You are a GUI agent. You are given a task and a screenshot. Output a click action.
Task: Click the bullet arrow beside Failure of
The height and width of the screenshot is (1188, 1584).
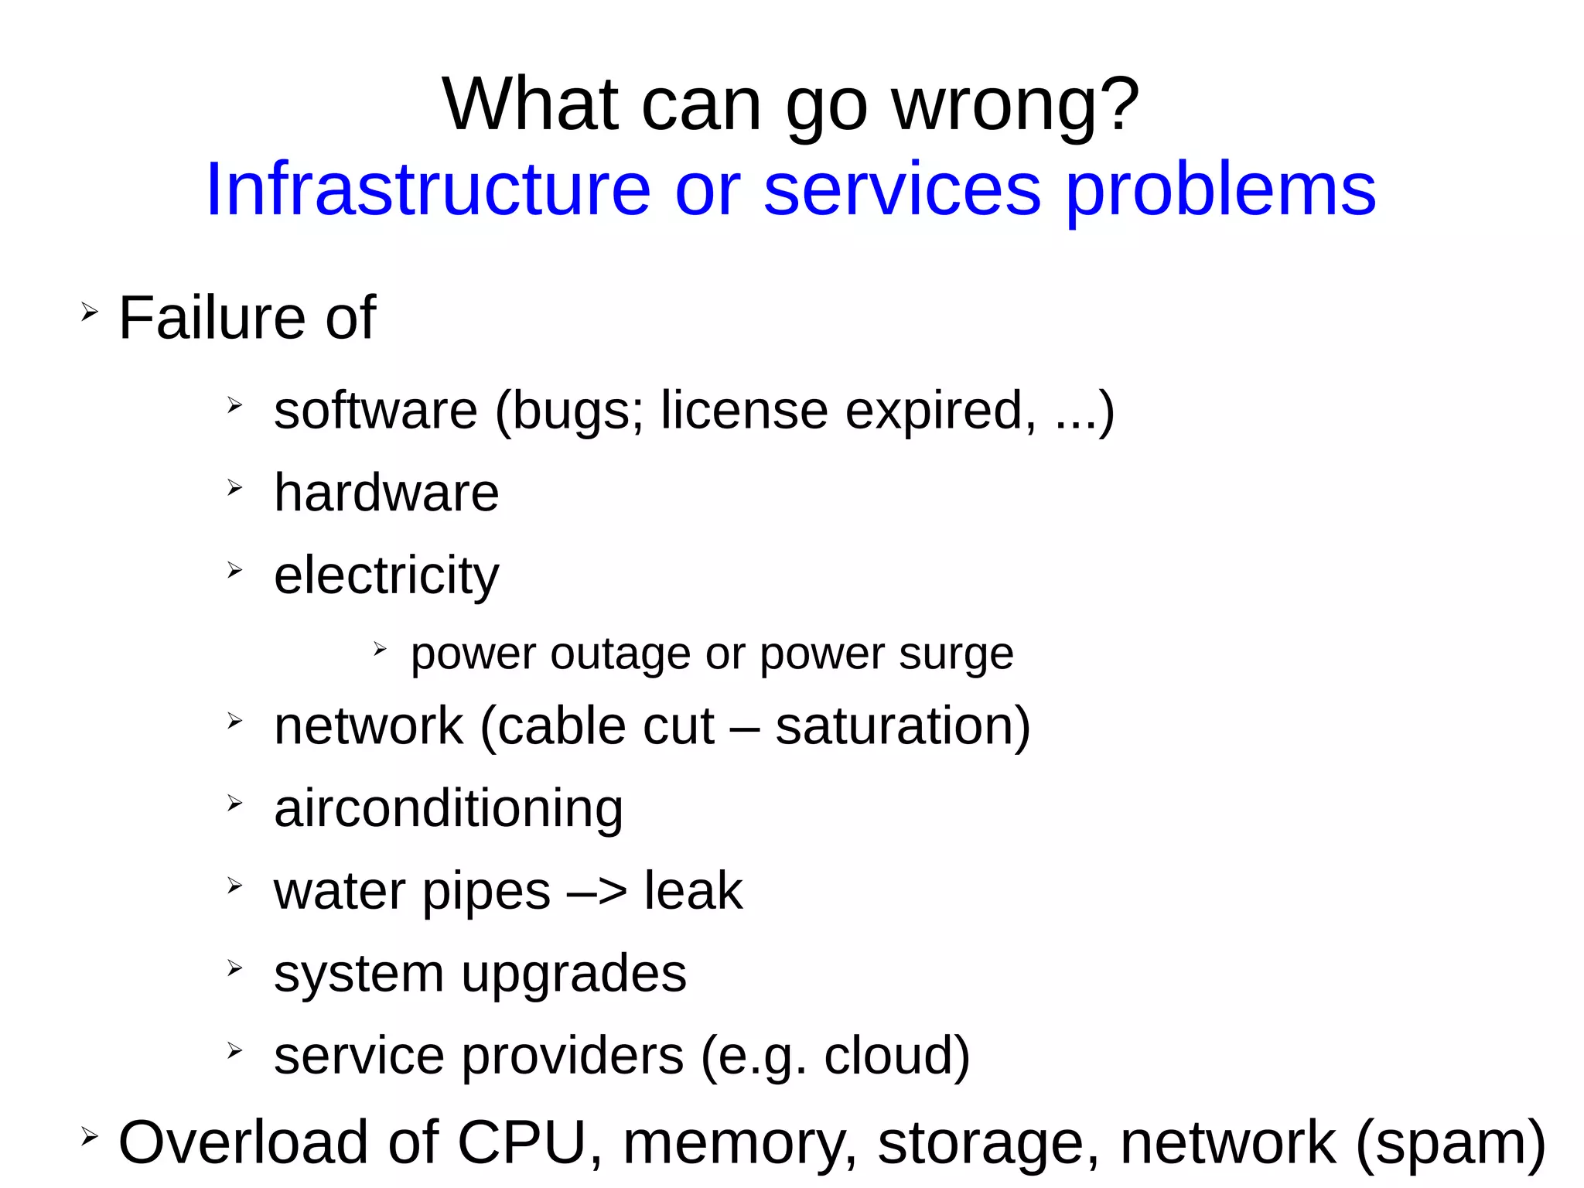(90, 312)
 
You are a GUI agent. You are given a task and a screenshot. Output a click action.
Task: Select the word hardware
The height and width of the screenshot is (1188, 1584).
(387, 493)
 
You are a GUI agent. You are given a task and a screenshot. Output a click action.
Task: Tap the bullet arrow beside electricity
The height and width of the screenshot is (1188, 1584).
(235, 571)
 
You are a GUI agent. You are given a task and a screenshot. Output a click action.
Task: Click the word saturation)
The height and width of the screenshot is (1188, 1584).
(903, 726)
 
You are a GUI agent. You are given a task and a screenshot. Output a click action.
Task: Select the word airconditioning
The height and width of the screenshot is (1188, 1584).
(449, 808)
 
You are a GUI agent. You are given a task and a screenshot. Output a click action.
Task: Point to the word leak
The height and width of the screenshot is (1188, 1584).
(693, 891)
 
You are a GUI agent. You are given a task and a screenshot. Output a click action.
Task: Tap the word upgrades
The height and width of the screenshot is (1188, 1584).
(574, 975)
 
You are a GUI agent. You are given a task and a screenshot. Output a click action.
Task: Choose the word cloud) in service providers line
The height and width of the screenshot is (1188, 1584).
(896, 1056)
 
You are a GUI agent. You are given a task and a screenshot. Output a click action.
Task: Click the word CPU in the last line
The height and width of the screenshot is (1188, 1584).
(523, 1142)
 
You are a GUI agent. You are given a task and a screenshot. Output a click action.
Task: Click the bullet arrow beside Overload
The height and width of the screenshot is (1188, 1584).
(90, 1136)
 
